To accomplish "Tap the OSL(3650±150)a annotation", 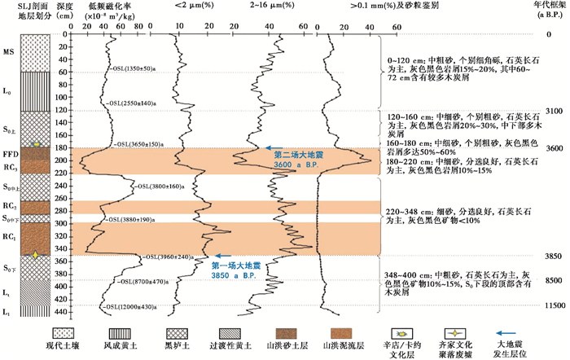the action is coord(143,143).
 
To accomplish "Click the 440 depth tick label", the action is coord(63,311).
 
